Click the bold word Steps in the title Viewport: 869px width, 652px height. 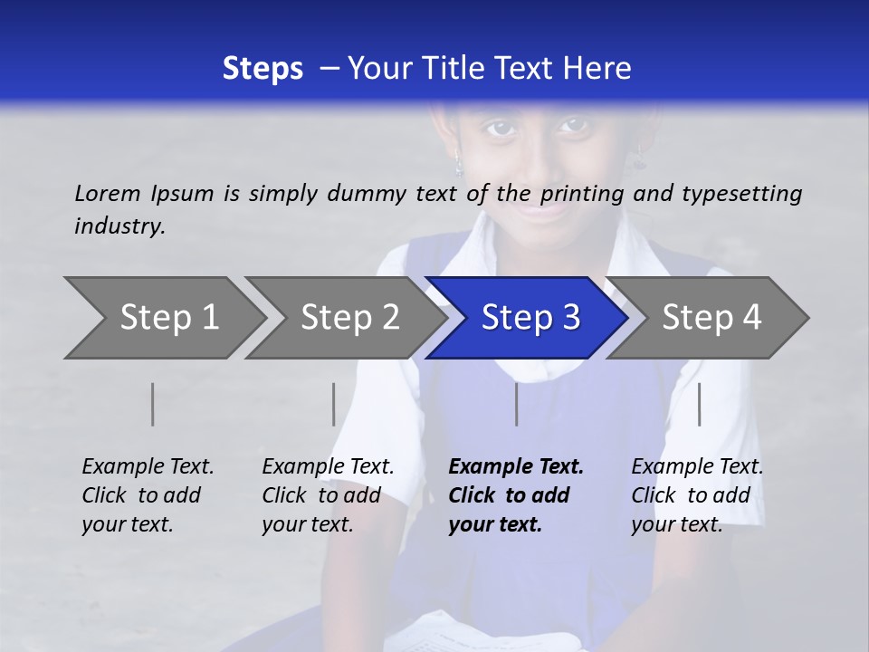(263, 69)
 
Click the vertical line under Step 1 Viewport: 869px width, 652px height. (153, 404)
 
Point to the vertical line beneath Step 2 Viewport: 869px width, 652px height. (334, 404)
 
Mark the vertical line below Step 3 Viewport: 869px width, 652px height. (517, 404)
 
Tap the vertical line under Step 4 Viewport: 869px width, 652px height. (700, 404)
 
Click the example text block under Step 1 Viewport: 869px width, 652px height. (148, 495)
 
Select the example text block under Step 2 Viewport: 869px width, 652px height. (328, 495)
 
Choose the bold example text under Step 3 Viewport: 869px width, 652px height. (516, 495)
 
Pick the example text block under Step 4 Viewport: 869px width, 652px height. (697, 495)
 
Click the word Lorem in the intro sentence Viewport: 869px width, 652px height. (108, 193)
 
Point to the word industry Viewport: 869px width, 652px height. (119, 226)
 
